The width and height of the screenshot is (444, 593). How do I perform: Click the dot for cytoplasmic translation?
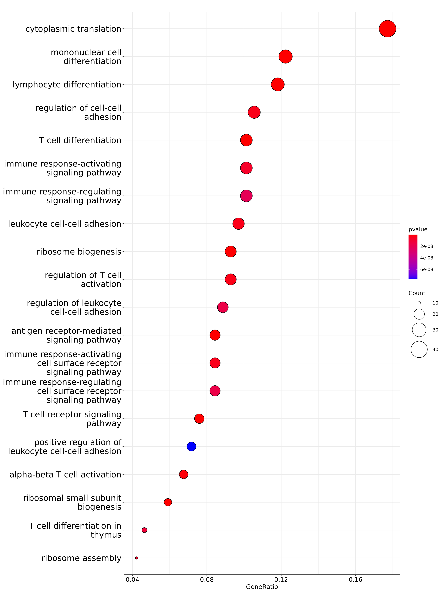pyautogui.click(x=387, y=29)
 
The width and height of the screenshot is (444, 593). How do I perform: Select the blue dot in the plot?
pyautogui.click(x=191, y=446)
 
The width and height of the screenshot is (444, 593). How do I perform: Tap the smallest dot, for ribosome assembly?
pyautogui.click(x=136, y=558)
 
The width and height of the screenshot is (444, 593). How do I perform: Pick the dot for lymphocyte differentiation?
pyautogui.click(x=277, y=85)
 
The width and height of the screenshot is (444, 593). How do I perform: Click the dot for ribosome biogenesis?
pyautogui.click(x=231, y=251)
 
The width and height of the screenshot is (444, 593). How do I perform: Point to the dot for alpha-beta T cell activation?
pyautogui.click(x=184, y=474)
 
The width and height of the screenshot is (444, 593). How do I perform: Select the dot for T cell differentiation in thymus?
pyautogui.click(x=144, y=530)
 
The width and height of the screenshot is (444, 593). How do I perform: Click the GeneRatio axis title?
pyautogui.click(x=262, y=587)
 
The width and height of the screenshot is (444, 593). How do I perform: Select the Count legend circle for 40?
pyautogui.click(x=419, y=349)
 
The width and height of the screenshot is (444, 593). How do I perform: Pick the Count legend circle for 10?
pyautogui.click(x=419, y=303)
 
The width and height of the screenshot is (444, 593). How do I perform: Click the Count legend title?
pyautogui.click(x=417, y=293)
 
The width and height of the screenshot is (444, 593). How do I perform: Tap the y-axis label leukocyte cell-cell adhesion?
pyautogui.click(x=65, y=224)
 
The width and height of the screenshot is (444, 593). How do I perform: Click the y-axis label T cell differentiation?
pyautogui.click(x=80, y=140)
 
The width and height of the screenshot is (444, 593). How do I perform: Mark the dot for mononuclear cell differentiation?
pyautogui.click(x=285, y=57)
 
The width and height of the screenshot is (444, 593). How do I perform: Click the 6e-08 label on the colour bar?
pyautogui.click(x=427, y=269)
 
